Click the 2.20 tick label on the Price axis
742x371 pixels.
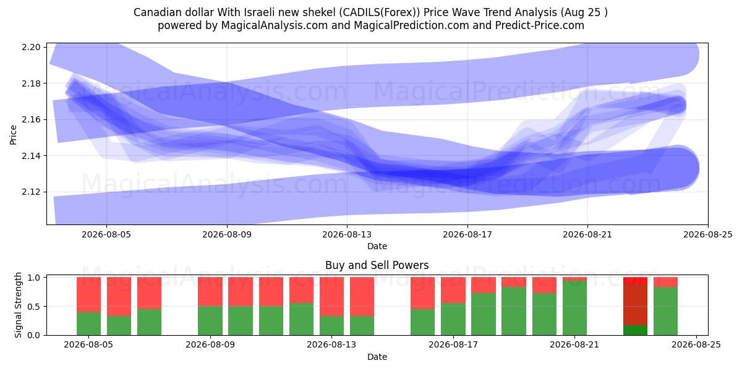[31, 47]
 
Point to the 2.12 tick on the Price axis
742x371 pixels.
[31, 192]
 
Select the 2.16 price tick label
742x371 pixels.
[31, 119]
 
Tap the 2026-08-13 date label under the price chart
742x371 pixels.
[347, 234]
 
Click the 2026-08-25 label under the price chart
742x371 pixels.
[708, 234]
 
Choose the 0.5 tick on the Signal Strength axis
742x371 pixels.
[33, 307]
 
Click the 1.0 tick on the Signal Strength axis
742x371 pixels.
[33, 278]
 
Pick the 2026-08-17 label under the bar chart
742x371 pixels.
[453, 344]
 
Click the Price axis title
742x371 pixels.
[13, 135]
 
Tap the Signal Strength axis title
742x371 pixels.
[18, 305]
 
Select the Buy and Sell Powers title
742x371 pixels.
[377, 265]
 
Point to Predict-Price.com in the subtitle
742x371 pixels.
[540, 25]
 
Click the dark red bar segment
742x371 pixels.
[636, 305]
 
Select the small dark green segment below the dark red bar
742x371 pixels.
[636, 330]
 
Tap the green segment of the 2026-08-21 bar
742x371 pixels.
[574, 308]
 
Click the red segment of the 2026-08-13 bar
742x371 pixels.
[331, 296]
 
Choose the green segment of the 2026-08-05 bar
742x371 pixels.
[88, 323]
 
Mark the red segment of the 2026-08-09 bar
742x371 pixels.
[210, 292]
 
